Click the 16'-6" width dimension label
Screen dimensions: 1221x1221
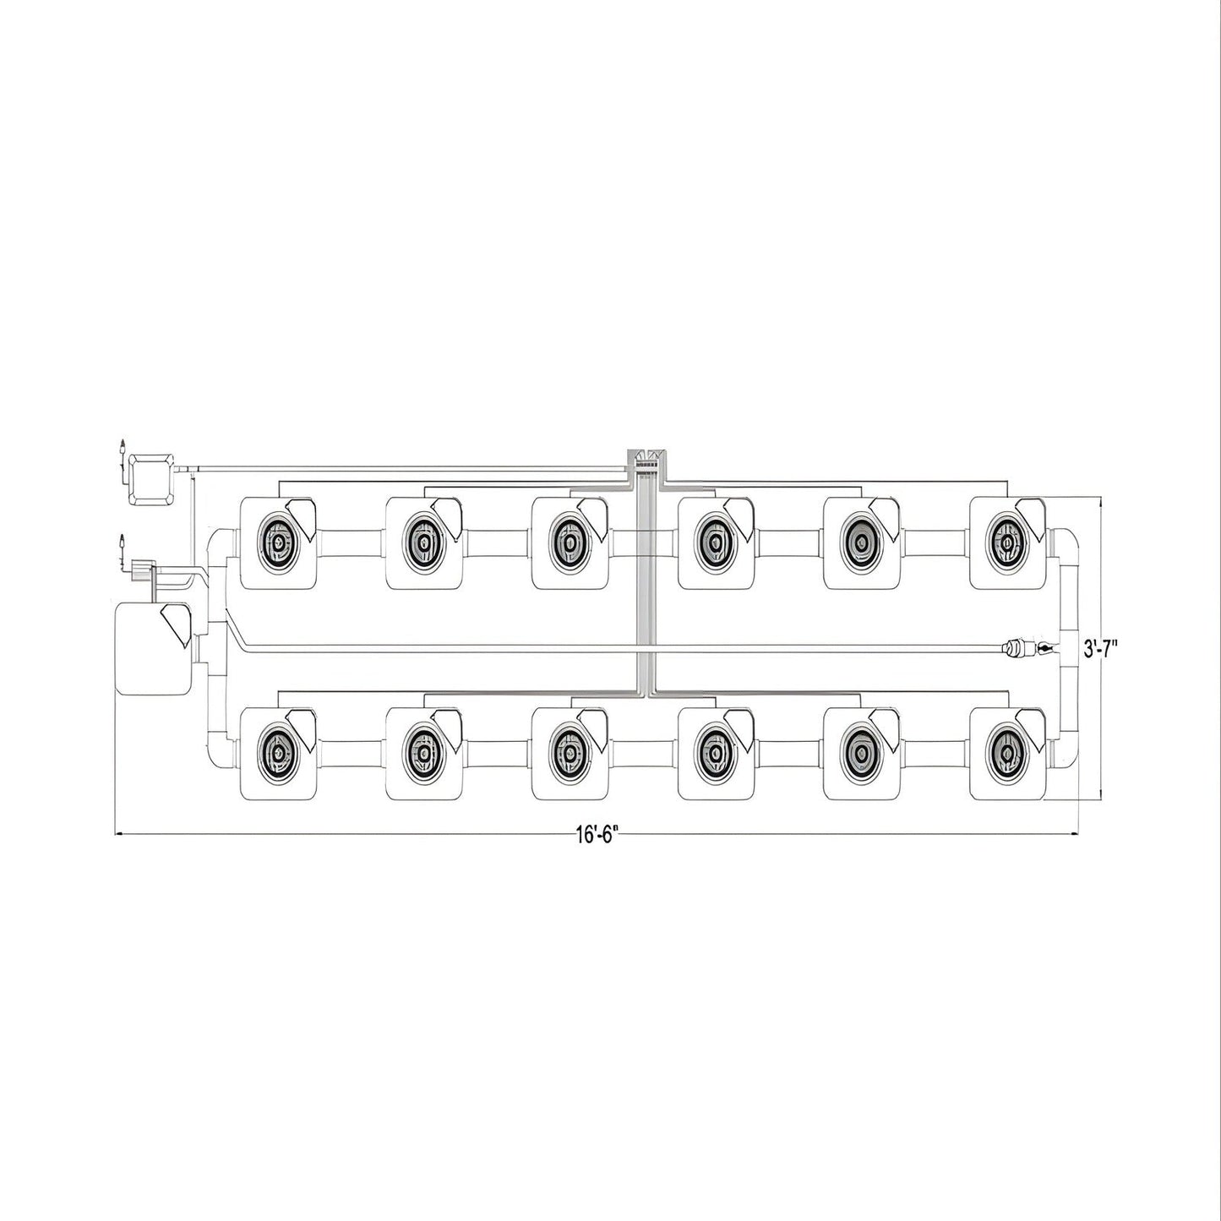point(597,835)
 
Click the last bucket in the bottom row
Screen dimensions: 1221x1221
point(1007,754)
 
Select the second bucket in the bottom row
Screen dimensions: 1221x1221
point(424,754)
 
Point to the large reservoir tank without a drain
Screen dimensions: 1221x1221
point(151,648)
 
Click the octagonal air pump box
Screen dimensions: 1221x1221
point(150,478)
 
